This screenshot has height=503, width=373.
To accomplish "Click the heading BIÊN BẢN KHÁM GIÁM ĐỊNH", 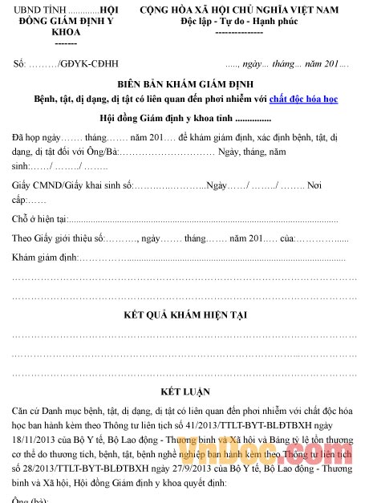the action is coord(186,83).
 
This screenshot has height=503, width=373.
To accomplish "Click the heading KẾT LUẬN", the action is coord(185,391).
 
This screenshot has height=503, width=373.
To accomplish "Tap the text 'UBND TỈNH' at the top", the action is coord(31,8).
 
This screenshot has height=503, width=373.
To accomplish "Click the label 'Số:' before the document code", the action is coord(20,63).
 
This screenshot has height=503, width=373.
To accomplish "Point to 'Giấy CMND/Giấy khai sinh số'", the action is coord(72,185).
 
